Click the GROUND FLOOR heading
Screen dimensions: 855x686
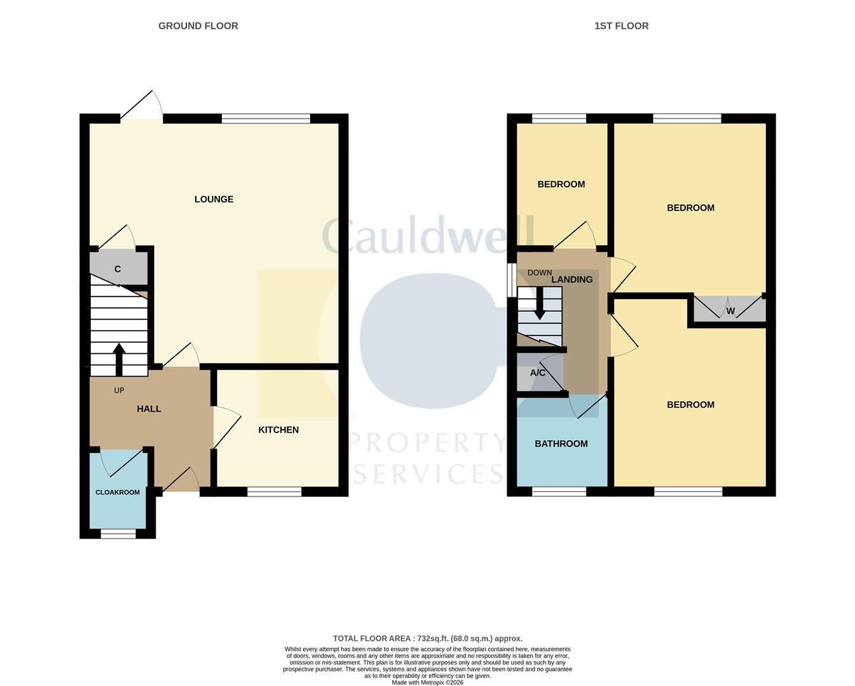click(x=198, y=26)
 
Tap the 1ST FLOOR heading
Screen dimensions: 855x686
click(x=622, y=26)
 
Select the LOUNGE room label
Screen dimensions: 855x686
click(x=214, y=199)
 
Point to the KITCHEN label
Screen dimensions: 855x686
click(x=278, y=430)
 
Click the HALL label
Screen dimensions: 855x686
click(x=149, y=409)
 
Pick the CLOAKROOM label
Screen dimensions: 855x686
click(x=118, y=492)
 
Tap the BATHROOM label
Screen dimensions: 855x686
click(x=561, y=444)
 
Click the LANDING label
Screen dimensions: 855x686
click(x=571, y=279)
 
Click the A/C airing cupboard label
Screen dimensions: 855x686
click(x=538, y=373)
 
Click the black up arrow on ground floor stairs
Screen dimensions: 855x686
click(x=119, y=360)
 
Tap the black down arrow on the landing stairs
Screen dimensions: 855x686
click(x=540, y=304)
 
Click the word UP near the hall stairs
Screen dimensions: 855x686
click(x=120, y=390)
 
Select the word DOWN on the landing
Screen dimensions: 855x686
click(x=540, y=272)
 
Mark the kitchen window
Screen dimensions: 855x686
click(x=275, y=492)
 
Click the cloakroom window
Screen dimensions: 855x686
click(x=118, y=534)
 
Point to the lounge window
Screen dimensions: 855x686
click(x=266, y=118)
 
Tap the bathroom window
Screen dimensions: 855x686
click(x=559, y=492)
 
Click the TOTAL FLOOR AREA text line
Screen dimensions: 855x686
click(x=427, y=638)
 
